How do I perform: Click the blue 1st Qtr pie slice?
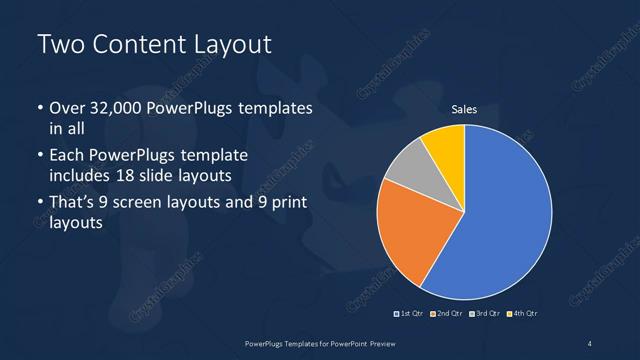(x=505, y=215)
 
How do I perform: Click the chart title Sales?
(x=464, y=109)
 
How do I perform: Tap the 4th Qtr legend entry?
(x=524, y=314)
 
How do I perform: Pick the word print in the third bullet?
(x=286, y=204)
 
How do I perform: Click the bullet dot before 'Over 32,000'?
(x=40, y=109)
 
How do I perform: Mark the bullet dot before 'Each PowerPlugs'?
(x=40, y=157)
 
